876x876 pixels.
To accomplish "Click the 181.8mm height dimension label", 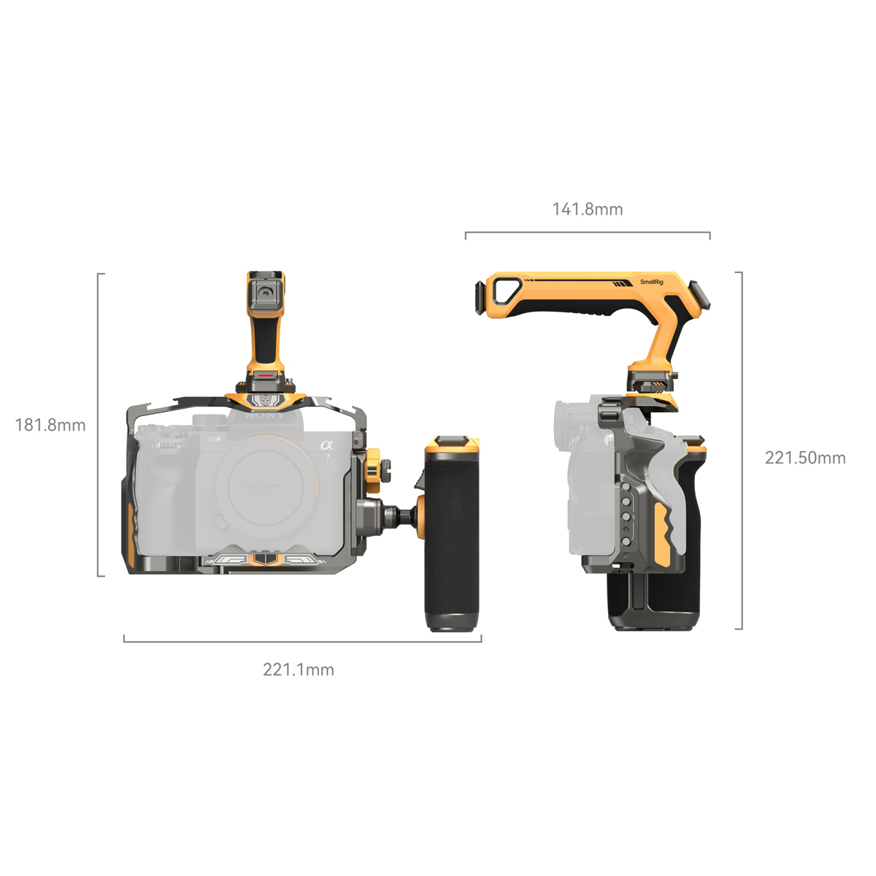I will (x=50, y=425).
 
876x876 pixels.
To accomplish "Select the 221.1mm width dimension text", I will (x=299, y=669).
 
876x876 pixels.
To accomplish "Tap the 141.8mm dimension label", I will (x=588, y=210).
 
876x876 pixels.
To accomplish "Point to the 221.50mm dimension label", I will (x=805, y=458).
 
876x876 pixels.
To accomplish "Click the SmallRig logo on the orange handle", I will (x=652, y=282).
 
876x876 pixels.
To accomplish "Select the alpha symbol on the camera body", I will (x=326, y=445).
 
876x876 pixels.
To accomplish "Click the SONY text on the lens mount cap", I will (x=264, y=488).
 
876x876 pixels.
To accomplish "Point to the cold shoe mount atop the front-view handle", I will (x=266, y=291).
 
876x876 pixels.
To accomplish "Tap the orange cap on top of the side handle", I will (x=453, y=442).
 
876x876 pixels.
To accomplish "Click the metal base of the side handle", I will (x=453, y=621).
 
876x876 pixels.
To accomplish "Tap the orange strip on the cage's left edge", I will (x=130, y=533).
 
